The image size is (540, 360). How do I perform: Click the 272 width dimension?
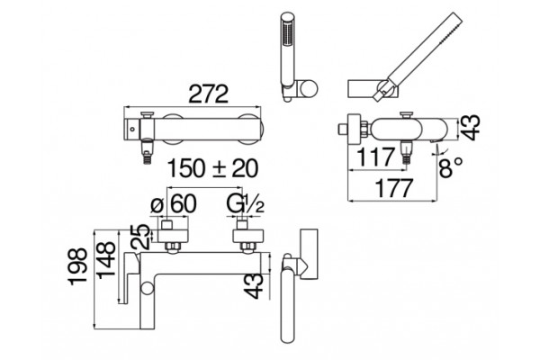tap(209, 94)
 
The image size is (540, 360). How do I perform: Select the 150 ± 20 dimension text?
tap(212, 168)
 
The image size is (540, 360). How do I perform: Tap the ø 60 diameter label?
tap(174, 204)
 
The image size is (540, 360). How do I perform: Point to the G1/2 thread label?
tap(246, 204)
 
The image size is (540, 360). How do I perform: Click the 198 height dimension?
tap(78, 266)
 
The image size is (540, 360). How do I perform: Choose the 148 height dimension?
tap(105, 260)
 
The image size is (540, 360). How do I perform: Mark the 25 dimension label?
tap(140, 237)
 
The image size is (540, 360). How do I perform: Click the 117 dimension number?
tap(375, 157)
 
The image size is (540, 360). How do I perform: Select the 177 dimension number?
tap(393, 188)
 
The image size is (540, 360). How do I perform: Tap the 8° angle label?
tap(451, 167)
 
